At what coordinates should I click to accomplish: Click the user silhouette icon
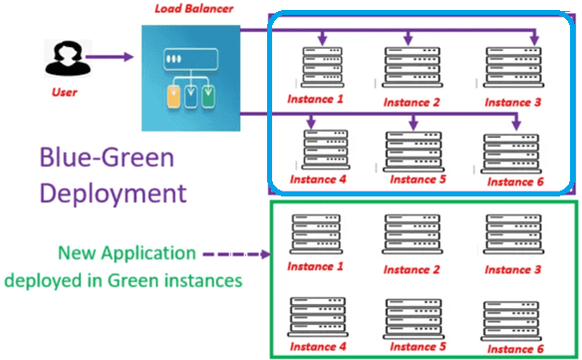pyautogui.click(x=68, y=58)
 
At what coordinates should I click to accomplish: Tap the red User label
pyautogui.click(x=64, y=92)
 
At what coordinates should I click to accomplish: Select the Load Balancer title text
pyautogui.click(x=193, y=9)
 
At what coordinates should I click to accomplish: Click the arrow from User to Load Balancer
pyautogui.click(x=110, y=57)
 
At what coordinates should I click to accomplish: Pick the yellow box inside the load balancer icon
pyautogui.click(x=173, y=96)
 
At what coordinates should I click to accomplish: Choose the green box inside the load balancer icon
pyautogui.click(x=208, y=96)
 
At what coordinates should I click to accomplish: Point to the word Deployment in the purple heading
pyautogui.click(x=114, y=193)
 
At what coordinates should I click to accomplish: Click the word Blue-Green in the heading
pyautogui.click(x=107, y=158)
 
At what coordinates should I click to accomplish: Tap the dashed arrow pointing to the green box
pyautogui.click(x=237, y=254)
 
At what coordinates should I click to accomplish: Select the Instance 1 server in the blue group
pyautogui.click(x=322, y=67)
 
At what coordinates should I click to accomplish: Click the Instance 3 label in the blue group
pyautogui.click(x=512, y=102)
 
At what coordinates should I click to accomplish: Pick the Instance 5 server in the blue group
pyautogui.click(x=414, y=151)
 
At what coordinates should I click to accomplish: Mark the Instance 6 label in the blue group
pyautogui.click(x=515, y=181)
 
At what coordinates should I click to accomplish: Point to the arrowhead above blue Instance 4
pyautogui.click(x=311, y=123)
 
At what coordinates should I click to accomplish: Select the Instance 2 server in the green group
pyautogui.click(x=413, y=233)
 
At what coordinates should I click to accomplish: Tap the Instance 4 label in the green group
pyautogui.click(x=318, y=347)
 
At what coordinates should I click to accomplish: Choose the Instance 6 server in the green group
pyautogui.click(x=511, y=321)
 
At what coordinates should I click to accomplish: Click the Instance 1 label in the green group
pyautogui.click(x=315, y=266)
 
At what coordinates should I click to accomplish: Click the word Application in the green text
pyautogui.click(x=148, y=254)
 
